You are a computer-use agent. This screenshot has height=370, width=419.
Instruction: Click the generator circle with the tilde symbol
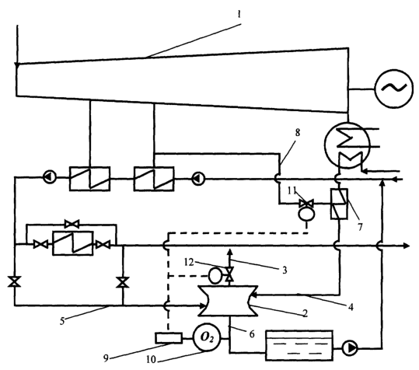pyautogui.click(x=394, y=89)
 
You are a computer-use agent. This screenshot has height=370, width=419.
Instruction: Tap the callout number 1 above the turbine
pyautogui.click(x=239, y=14)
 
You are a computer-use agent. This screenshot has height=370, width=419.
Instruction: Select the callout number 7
pyautogui.click(x=360, y=227)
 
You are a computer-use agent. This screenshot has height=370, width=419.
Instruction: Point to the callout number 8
pyautogui.click(x=298, y=132)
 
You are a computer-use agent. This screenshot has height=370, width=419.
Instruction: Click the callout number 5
pyautogui.click(x=62, y=321)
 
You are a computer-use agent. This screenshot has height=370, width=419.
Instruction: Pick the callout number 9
pyautogui.click(x=106, y=358)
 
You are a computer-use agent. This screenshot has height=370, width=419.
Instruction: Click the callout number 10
pyautogui.click(x=151, y=360)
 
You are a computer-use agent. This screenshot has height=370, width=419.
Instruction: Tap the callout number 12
pyautogui.click(x=189, y=262)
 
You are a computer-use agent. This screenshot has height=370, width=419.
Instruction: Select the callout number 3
pyautogui.click(x=285, y=270)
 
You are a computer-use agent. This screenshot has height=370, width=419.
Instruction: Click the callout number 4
pyautogui.click(x=351, y=307)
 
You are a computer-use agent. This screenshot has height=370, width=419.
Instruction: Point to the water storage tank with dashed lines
pyautogui.click(x=299, y=345)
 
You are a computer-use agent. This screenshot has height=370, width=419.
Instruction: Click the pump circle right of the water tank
pyautogui.click(x=350, y=348)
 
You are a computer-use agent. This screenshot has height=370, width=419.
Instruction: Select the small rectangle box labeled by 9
pyautogui.click(x=169, y=338)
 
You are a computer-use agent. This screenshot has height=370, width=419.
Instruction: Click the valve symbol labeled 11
pyautogui.click(x=306, y=204)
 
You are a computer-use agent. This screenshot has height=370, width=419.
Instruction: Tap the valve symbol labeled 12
pyautogui.click(x=229, y=274)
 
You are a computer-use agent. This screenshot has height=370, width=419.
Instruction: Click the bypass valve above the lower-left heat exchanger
pyautogui.click(x=72, y=223)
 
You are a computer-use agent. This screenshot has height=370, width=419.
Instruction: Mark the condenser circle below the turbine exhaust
pyautogui.click(x=347, y=145)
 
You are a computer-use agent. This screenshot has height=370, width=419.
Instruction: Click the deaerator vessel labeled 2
pyautogui.click(x=228, y=301)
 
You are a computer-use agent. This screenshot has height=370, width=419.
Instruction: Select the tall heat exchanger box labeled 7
pyautogui.click(x=339, y=204)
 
